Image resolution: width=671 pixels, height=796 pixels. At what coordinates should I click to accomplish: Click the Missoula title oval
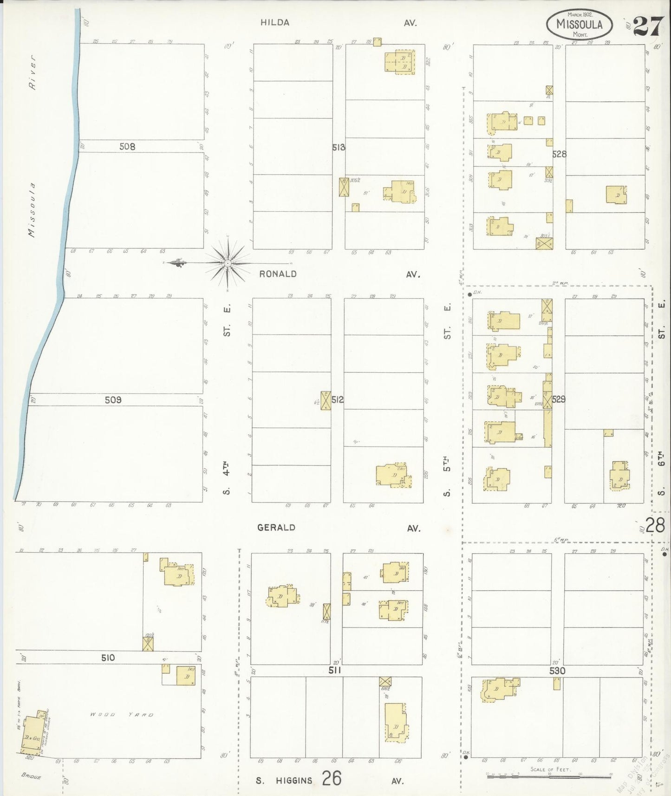point(579,24)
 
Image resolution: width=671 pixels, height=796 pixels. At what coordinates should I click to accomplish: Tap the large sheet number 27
point(648,26)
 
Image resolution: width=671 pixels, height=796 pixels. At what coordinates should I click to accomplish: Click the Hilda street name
point(275,22)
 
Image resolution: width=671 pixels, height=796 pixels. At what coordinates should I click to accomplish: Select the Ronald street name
point(278,274)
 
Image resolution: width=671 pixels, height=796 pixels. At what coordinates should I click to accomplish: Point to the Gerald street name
point(276,528)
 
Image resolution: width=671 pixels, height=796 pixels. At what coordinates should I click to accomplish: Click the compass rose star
point(228,264)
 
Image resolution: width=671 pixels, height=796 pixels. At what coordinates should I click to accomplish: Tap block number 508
point(127,146)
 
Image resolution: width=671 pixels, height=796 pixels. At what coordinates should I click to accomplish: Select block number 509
point(113,400)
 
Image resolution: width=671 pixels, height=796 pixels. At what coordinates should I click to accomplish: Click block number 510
point(107,658)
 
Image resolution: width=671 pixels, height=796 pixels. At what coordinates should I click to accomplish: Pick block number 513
point(339,147)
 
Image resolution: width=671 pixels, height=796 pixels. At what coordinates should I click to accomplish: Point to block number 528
point(560,154)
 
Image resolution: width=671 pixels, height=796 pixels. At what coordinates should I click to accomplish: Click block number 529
point(559,399)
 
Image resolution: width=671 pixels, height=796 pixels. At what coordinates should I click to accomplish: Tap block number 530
point(557,671)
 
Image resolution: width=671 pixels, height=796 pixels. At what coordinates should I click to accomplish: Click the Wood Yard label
point(122,715)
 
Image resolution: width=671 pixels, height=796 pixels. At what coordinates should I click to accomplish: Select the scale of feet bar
point(550,776)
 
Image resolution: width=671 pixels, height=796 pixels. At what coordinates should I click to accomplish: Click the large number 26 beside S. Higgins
point(332,778)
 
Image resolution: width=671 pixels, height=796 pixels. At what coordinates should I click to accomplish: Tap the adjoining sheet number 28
point(655,525)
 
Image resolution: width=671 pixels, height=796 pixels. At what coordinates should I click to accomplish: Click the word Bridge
point(31,776)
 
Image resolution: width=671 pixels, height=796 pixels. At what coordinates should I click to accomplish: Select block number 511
point(334,670)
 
